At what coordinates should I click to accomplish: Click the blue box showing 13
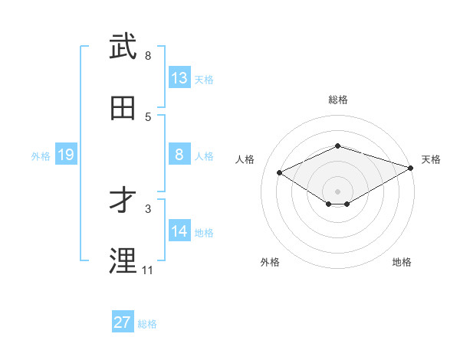pos(179,78)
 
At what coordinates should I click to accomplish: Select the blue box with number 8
pos(179,155)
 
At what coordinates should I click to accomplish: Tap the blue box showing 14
pos(179,231)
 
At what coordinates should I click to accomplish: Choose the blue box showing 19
pos(65,155)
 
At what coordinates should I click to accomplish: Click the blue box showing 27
pos(122,322)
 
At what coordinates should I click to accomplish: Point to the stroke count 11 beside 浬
pos(147,270)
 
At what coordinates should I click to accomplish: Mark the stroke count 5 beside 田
pos(148,116)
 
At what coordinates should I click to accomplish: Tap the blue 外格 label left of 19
pos(41,155)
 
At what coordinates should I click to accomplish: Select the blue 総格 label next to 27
pos(147,323)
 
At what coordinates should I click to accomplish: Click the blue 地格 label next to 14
pos(204,232)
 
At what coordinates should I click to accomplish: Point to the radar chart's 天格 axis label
pos(431,159)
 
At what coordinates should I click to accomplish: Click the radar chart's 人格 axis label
pos(245,159)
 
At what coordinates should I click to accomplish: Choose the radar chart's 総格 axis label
pos(338,100)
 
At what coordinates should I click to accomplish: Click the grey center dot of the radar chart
pos(337,191)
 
